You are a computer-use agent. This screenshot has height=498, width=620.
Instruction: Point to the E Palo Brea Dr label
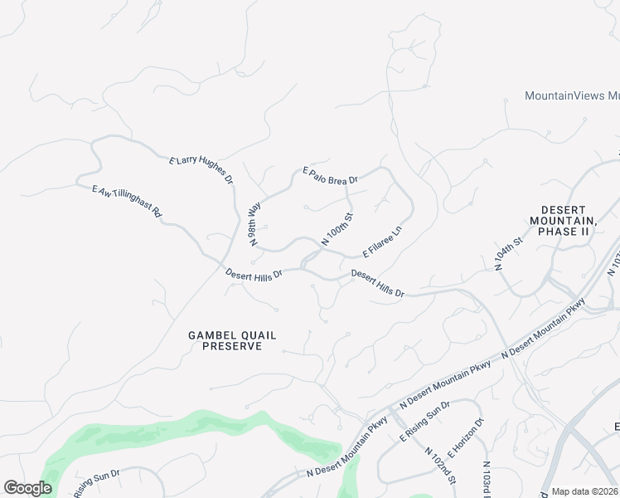coord(330,175)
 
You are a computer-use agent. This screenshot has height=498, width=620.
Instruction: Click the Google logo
coord(27,488)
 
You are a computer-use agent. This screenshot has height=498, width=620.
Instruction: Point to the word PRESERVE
coord(232,346)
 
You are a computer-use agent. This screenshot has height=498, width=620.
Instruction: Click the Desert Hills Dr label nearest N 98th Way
coord(254,273)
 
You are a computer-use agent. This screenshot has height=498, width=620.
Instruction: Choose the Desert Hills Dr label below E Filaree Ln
coord(377,283)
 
